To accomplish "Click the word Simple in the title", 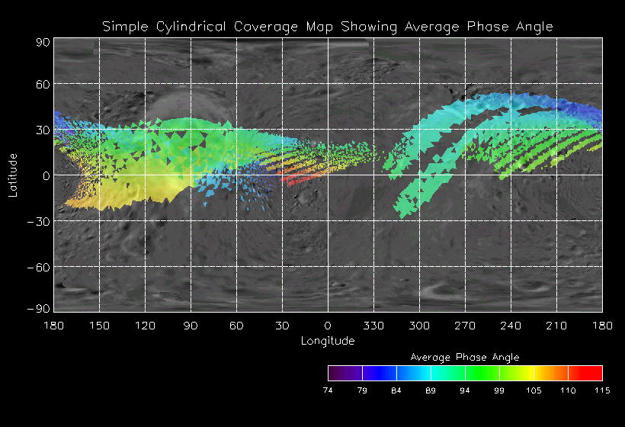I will (x=122, y=27).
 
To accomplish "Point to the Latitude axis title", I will (x=13, y=175).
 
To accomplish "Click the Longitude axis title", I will (x=328, y=340).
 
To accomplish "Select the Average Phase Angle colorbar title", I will (x=465, y=357).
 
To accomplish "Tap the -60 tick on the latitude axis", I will (x=39, y=267).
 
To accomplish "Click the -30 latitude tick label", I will (x=39, y=221).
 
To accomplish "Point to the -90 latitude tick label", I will (x=39, y=308).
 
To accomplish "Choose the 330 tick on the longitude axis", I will (x=373, y=326).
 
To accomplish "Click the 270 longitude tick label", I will (x=465, y=326).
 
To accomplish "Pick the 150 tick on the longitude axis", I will (x=99, y=326).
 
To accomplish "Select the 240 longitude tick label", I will (x=511, y=326).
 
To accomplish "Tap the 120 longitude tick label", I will (x=145, y=326).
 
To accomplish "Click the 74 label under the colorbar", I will (x=328, y=390).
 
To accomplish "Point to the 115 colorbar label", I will (x=602, y=390).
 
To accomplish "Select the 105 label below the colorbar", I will (x=534, y=390).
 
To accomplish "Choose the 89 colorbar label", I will (x=431, y=390).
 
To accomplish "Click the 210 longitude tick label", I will (x=556, y=326).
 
